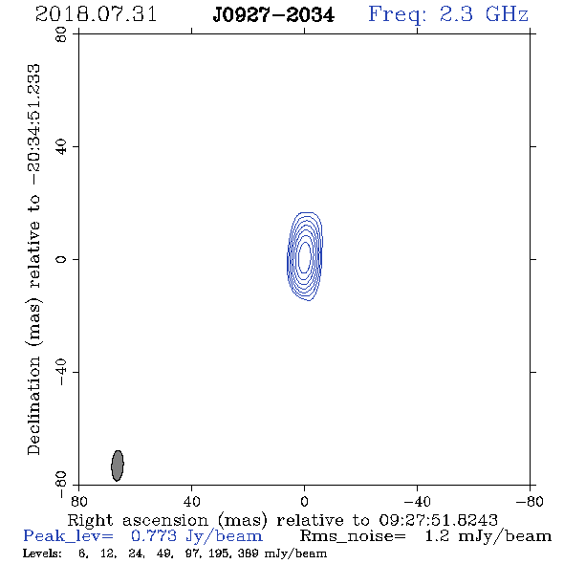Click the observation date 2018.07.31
[96, 14]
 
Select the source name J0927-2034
[273, 15]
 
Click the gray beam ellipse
[118, 466]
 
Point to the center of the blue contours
[305, 256]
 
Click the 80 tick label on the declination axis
[61, 34]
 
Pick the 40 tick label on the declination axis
[61, 147]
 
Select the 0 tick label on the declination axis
[61, 259]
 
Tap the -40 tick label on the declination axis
[61, 372]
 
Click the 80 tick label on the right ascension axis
[78, 502]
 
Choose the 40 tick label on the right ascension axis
[191, 502]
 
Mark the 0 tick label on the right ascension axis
[304, 502]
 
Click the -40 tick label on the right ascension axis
[417, 502]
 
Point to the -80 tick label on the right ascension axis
[530, 502]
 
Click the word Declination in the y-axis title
[33, 406]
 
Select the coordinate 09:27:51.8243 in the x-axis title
[439, 520]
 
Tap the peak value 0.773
[154, 536]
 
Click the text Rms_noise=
[353, 536]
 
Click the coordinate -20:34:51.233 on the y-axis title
[33, 125]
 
